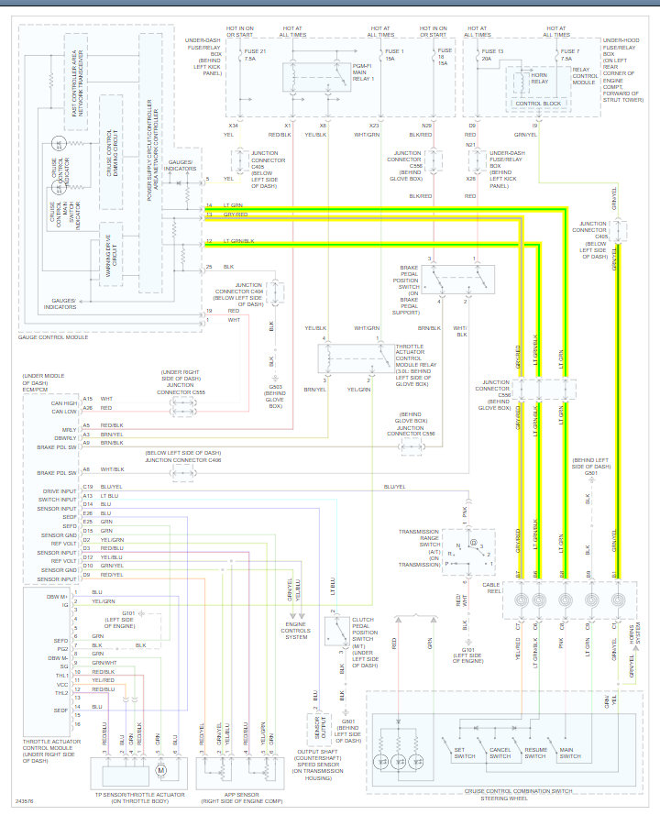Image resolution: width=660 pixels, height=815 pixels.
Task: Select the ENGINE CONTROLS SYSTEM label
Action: pyautogui.click(x=296, y=631)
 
